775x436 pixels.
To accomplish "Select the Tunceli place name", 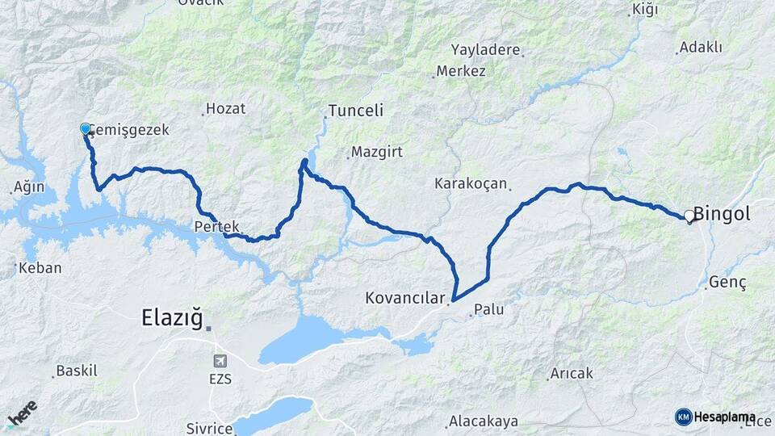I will click(355, 111).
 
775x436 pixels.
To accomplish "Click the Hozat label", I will click(225, 108).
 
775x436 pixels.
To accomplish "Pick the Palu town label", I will click(489, 308).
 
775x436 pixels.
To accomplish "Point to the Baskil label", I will click(76, 371).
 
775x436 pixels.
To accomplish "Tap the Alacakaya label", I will click(484, 422).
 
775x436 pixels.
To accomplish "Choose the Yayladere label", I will click(485, 49).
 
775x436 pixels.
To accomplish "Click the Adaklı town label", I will click(701, 47).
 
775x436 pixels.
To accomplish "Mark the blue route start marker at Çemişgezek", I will click(86, 128).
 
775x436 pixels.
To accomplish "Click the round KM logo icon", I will click(683, 417).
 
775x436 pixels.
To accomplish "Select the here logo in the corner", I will click(22, 414).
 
